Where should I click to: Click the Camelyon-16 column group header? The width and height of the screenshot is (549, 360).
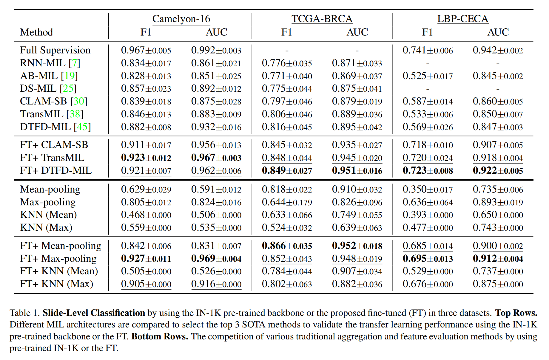coord(181,19)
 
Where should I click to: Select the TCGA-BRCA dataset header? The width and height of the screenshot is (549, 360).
coord(322,19)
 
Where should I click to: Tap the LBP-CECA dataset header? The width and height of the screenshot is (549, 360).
coord(463,19)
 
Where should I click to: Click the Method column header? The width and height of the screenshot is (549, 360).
coord(36,32)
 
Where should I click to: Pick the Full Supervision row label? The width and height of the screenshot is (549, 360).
coord(55,50)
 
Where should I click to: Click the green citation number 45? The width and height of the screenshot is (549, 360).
coord(82,127)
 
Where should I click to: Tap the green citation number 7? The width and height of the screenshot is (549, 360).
coord(74,63)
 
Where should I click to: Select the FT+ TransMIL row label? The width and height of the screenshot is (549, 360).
coord(52,158)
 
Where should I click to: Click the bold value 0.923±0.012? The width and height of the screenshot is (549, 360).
coord(146,158)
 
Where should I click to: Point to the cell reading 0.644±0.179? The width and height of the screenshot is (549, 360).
coord(287,202)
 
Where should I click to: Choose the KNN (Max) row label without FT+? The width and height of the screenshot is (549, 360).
coord(46,227)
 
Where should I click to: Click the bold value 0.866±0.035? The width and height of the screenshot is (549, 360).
coord(287,246)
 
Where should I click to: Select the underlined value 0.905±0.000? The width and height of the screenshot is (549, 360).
coord(146,284)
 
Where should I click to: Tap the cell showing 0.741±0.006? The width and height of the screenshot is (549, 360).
coord(428,50)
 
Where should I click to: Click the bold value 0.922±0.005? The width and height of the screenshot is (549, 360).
coord(498,170)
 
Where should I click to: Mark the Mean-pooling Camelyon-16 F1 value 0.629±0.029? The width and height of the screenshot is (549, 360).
coord(146,189)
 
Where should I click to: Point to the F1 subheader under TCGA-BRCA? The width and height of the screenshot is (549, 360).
coord(287,32)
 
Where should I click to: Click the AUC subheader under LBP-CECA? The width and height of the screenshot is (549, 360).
coord(498,32)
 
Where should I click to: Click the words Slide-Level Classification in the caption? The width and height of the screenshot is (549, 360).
coord(94,313)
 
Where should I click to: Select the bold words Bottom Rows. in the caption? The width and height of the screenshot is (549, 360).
coord(160,336)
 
